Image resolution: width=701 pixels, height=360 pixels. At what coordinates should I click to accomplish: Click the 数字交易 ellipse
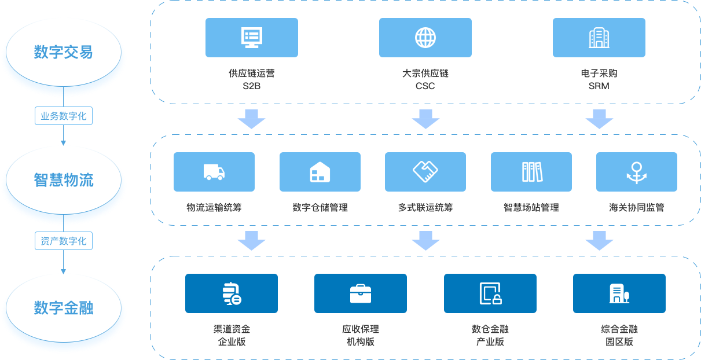coord(63,53)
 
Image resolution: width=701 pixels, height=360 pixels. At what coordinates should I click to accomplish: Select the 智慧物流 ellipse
coord(63,180)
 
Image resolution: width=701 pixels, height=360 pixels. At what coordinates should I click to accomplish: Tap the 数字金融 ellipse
coord(63,307)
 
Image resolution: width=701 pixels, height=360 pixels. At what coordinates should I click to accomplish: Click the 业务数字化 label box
coord(63,116)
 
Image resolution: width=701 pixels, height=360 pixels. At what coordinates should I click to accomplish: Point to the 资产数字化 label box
coord(63,241)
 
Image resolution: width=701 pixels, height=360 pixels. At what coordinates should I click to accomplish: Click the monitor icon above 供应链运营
coord(251,38)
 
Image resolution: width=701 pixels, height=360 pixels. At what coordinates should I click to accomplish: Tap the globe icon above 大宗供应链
coord(425,38)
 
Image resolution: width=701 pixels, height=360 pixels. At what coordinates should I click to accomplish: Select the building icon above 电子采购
coord(599,38)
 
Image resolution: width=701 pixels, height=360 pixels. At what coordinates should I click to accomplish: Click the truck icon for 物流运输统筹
coord(214,172)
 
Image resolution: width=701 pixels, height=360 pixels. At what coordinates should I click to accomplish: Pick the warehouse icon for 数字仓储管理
coord(320,172)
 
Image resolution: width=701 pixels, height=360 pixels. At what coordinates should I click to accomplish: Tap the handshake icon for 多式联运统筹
coord(425,171)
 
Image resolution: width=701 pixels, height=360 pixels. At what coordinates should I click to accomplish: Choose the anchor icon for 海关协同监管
coord(636,172)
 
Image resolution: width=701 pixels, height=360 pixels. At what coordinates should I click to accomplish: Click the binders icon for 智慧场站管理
coord(531,172)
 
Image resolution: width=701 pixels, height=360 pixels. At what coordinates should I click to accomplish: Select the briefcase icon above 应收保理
coord(361,293)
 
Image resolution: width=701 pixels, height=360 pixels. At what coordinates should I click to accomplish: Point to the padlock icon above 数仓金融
coord(490,293)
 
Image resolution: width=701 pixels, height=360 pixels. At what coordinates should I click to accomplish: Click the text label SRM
coord(599,86)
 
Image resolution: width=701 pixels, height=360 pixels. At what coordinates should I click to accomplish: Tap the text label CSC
coord(425,86)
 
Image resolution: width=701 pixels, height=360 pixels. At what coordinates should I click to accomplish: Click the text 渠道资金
coord(232,329)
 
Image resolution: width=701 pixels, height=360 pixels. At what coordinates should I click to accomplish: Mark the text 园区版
coord(619,341)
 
